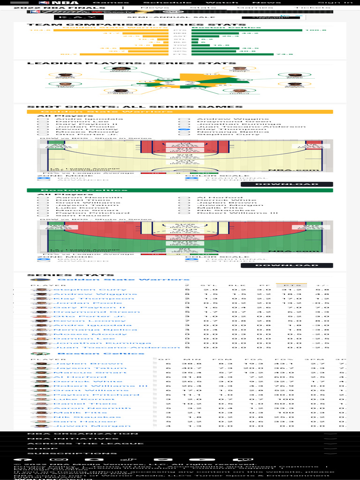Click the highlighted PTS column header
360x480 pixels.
pos(291,285)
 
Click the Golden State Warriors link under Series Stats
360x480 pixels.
pos(123,280)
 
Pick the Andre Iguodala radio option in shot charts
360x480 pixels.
pos(44,119)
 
